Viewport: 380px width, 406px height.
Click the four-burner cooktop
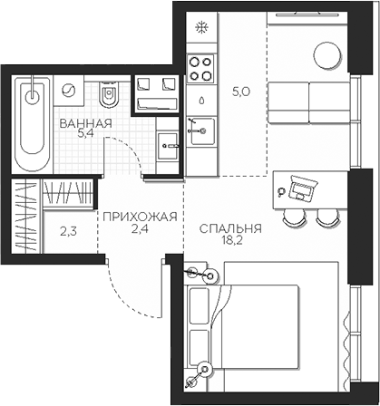tap(200, 68)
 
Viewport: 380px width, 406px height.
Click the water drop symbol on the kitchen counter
tap(200, 100)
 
